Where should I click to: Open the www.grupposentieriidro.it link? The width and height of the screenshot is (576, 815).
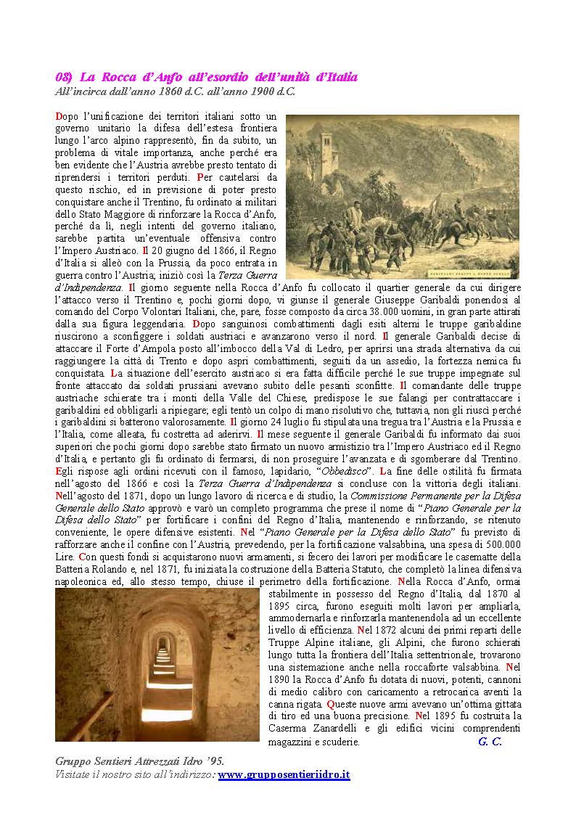[x=284, y=774]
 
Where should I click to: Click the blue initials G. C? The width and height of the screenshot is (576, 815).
[x=490, y=742]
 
